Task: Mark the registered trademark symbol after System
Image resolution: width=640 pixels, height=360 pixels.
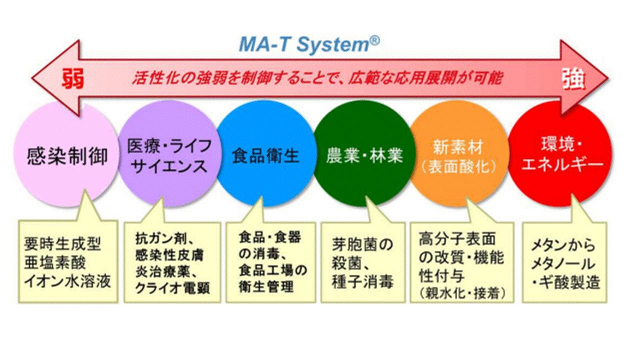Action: [374, 39]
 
